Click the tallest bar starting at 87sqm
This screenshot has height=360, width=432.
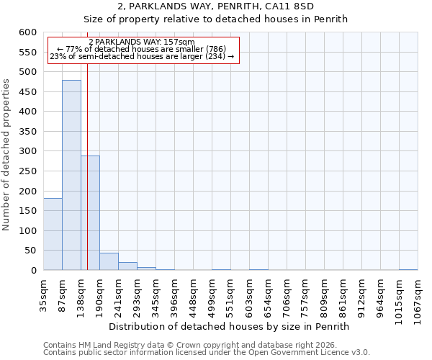coord(71,175)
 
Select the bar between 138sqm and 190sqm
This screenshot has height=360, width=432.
coord(90,213)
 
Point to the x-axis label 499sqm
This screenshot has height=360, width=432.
coord(212,294)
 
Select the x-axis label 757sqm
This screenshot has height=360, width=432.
coord(306,294)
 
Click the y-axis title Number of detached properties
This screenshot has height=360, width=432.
coord(7,155)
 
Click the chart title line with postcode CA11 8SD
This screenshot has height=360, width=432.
coord(215,6)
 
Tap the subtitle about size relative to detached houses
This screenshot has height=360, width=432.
coord(215,19)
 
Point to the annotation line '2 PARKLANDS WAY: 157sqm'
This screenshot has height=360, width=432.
coord(142,42)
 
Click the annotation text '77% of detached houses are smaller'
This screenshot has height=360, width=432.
coord(142,49)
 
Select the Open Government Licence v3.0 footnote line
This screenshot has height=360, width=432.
coord(207,352)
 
